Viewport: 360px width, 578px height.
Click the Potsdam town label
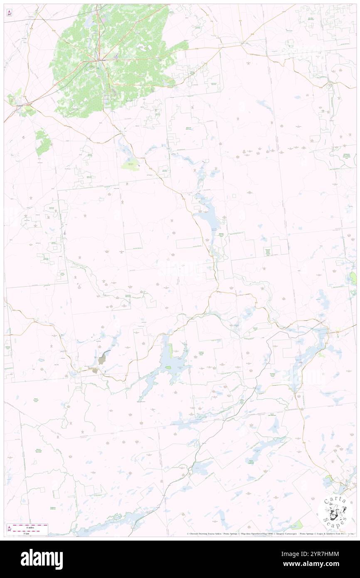click(x=101, y=60)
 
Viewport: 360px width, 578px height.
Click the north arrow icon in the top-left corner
click(x=9, y=14)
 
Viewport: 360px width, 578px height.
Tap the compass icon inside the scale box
click(x=10, y=529)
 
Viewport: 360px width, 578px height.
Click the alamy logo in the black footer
click(x=42, y=559)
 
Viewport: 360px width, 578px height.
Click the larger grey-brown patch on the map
click(x=104, y=356)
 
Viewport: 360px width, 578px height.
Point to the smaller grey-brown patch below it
click(x=95, y=371)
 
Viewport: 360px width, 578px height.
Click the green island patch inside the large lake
click(x=168, y=368)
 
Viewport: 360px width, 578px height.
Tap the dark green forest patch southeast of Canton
click(x=43, y=142)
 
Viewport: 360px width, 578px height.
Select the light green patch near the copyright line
click(x=296, y=525)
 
